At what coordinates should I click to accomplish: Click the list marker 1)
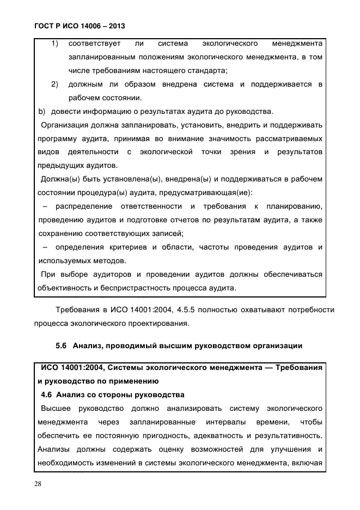54,43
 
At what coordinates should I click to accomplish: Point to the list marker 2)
54,84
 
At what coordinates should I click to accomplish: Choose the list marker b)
41,112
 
